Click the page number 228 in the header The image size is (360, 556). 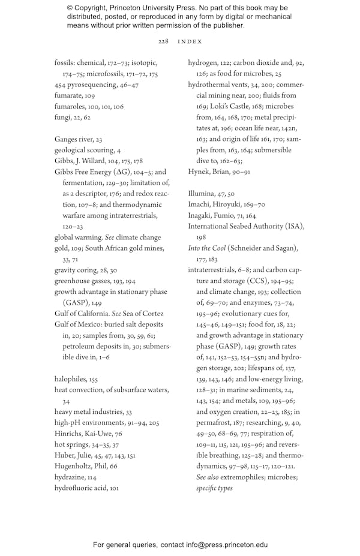click(163, 41)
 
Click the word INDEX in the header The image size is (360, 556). click(190, 41)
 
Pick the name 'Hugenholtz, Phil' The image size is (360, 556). click(81, 449)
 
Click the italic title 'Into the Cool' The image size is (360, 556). click(207, 248)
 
